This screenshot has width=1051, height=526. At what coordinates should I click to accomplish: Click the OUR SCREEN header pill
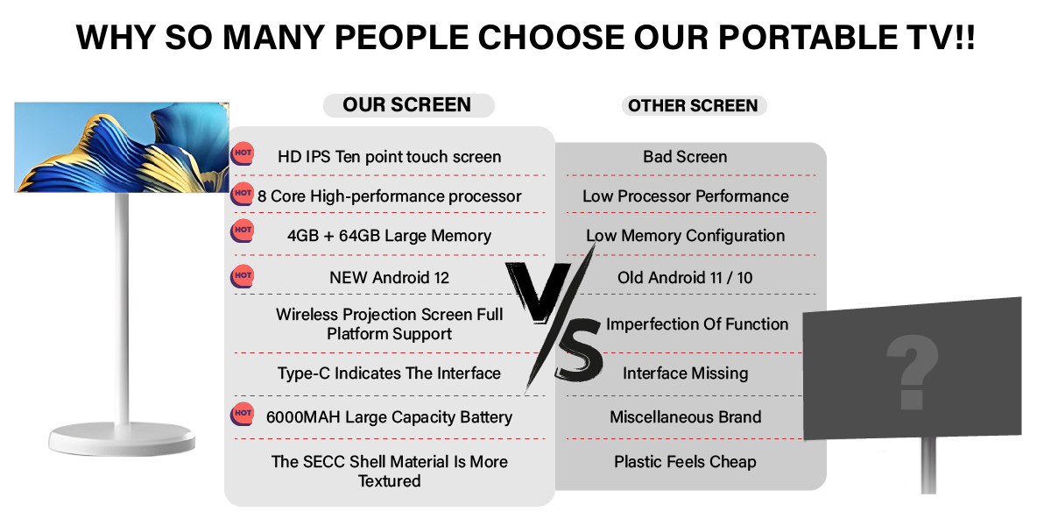pos(409,105)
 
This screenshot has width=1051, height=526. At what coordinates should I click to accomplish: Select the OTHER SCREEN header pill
pos(694,106)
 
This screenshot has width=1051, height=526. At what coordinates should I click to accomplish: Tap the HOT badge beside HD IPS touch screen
pos(242,153)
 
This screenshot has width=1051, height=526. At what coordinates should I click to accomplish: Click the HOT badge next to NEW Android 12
pos(242,276)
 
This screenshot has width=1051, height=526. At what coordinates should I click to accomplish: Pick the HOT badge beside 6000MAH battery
pos(242,414)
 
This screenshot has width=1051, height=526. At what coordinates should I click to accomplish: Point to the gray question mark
pos(912,372)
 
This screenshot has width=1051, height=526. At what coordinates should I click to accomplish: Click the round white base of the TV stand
pos(122,438)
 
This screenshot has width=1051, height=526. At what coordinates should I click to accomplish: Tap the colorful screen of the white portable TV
pos(122,147)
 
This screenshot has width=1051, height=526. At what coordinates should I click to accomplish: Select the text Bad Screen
pos(685,157)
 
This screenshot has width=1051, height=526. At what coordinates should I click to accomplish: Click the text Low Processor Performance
pos(686,196)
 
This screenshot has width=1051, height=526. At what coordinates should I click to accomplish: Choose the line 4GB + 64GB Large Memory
pos(389,236)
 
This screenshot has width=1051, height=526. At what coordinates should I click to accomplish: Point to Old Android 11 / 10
pos(685,278)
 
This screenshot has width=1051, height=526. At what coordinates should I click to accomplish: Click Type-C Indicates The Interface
pos(389,373)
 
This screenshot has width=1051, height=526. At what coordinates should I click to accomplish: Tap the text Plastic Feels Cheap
pos(685,462)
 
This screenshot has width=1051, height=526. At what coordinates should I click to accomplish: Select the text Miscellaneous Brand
pos(686,417)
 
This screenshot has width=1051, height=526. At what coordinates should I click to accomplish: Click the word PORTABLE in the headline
pos(808,37)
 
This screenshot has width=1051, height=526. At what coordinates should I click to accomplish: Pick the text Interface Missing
pos(686,373)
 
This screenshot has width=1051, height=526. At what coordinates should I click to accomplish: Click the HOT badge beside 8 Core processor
pos(242,194)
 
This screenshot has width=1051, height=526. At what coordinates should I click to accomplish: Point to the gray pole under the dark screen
pos(928,466)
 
